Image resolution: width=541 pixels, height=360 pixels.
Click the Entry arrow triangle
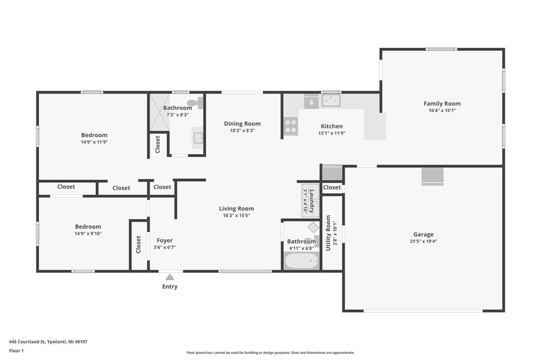[x=170, y=277]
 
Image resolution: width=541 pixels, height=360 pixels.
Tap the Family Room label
[x=442, y=103]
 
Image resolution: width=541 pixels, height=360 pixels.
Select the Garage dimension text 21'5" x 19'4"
[x=423, y=241]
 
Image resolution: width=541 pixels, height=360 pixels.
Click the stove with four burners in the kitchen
[x=291, y=126]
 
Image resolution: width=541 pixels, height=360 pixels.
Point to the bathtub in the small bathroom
[x=301, y=261]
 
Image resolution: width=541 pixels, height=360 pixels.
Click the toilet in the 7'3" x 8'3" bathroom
[x=195, y=102]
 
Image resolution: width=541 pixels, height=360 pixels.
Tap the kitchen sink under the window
[x=331, y=100]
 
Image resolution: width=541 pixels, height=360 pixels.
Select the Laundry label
[x=312, y=201]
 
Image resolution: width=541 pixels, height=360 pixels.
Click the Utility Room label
[x=328, y=233]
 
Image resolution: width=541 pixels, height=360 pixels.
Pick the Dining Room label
[x=242, y=124]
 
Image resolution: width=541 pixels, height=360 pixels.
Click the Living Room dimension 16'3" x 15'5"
[x=236, y=215]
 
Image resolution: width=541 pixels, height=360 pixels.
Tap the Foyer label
[x=165, y=240]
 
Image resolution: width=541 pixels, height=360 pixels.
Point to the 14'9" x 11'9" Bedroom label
[x=94, y=135]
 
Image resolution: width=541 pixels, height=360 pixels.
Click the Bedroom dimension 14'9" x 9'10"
[x=88, y=233]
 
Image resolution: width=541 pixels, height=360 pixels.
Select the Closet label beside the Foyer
[x=138, y=244]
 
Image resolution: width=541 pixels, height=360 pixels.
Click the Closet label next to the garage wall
[x=332, y=187]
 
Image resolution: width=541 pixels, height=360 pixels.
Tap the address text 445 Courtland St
[x=27, y=342]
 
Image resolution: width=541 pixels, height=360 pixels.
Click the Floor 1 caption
[x=16, y=351]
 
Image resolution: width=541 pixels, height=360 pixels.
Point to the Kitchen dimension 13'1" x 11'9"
[x=332, y=133]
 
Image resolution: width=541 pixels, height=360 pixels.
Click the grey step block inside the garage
[x=432, y=176]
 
